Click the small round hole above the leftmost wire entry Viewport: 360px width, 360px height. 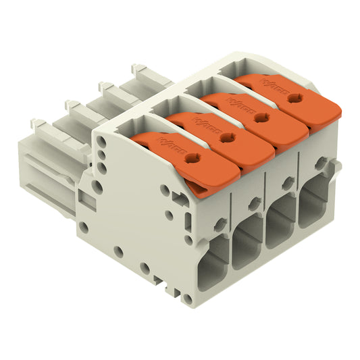point(220,224)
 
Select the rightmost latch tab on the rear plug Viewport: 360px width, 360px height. point(138,68)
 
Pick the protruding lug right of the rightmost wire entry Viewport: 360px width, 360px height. point(336,165)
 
